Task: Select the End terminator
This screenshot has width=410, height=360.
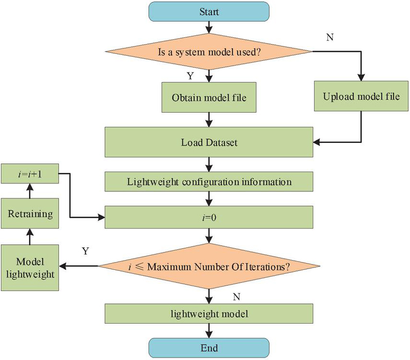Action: click(209, 348)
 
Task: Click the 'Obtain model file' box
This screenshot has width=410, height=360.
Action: click(209, 96)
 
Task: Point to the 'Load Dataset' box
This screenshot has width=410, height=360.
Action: click(209, 142)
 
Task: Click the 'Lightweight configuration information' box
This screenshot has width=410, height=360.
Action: click(209, 182)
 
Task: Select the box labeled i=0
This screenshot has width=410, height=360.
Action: click(209, 216)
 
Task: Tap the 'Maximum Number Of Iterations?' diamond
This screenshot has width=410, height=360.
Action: click(209, 266)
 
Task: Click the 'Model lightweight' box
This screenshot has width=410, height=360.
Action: click(30, 267)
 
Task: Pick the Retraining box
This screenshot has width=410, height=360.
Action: click(30, 214)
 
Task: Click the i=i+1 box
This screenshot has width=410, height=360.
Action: click(30, 174)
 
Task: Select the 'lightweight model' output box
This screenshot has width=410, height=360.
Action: click(209, 313)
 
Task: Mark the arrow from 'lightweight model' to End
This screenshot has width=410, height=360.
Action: click(209, 330)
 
